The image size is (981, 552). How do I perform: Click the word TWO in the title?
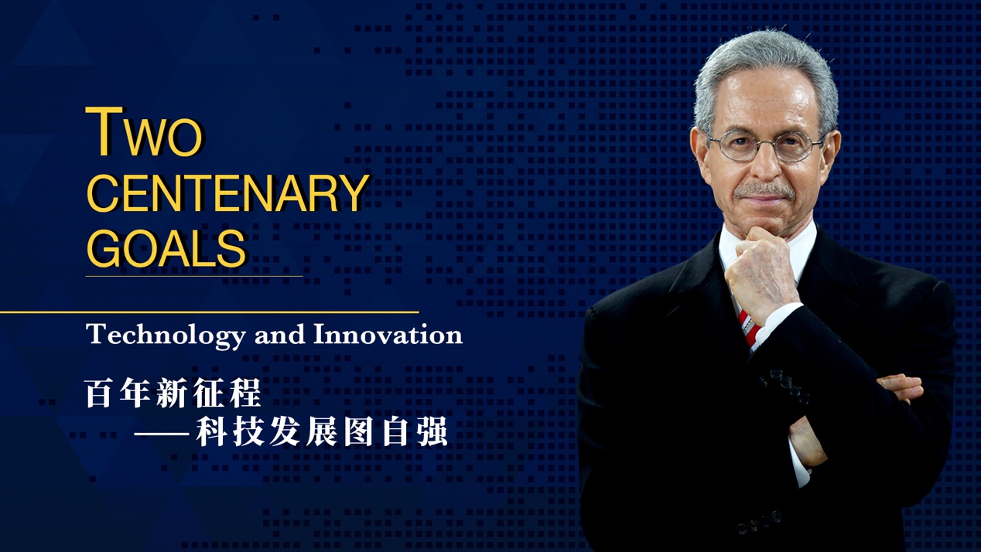(144, 131)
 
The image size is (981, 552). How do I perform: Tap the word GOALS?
(167, 248)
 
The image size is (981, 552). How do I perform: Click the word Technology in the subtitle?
(166, 336)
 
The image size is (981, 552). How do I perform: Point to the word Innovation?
(388, 335)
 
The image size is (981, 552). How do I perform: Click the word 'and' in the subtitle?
(280, 336)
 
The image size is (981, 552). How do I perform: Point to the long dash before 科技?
(161, 434)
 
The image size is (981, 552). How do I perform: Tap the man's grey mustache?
(764, 191)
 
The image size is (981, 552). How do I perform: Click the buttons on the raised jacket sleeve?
(786, 386)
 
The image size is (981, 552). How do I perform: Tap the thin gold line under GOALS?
(194, 276)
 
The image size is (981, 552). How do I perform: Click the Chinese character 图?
(358, 431)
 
